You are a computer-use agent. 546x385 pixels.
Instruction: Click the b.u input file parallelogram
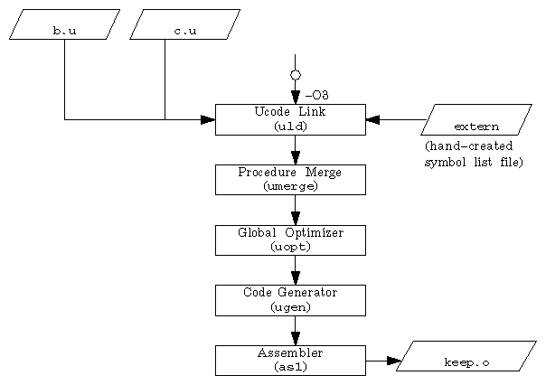[x=64, y=24]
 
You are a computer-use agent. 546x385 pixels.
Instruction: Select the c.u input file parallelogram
[x=184, y=24]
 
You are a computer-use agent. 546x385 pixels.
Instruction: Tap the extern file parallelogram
[x=476, y=119]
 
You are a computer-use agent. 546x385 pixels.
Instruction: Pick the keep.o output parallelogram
[x=466, y=356]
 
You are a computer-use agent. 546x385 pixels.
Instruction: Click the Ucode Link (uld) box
[x=290, y=119]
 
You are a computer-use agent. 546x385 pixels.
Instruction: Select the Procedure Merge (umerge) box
[x=290, y=179]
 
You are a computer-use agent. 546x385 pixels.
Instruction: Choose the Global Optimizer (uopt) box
[x=290, y=239]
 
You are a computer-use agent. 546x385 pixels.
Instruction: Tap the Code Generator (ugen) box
[x=290, y=300]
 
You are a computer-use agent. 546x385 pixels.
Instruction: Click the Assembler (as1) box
[x=290, y=360]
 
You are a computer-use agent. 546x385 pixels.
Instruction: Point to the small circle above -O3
[x=295, y=75]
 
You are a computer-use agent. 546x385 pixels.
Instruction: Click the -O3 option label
[x=316, y=95]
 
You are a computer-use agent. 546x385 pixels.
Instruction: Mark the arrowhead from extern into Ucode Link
[x=372, y=119]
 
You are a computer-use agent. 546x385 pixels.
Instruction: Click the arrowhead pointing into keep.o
[x=393, y=361]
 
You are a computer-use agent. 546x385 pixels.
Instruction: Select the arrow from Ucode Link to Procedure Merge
[x=295, y=150]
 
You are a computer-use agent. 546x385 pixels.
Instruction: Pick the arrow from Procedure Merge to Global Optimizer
[x=295, y=211]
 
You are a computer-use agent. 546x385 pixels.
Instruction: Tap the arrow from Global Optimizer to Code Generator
[x=295, y=271]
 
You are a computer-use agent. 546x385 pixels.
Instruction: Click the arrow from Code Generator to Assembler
[x=295, y=331]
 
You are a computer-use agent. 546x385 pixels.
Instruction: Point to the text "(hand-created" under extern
[x=467, y=146]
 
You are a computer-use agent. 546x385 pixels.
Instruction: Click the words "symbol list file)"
[x=473, y=163]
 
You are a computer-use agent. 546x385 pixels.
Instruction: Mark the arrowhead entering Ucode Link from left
[x=208, y=119]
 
